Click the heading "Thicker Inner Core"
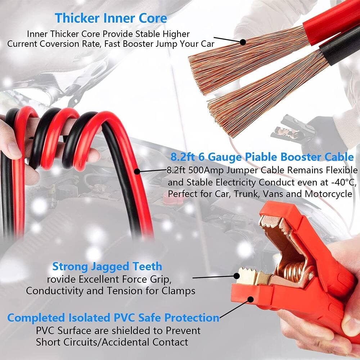pyautogui.click(x=111, y=18)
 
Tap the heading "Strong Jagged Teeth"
pyautogui.click(x=107, y=267)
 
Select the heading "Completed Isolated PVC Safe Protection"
pyautogui.click(x=113, y=318)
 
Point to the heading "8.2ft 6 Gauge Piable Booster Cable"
pyautogui.click(x=262, y=157)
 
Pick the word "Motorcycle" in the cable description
pyautogui.click(x=328, y=194)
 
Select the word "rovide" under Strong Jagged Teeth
pyautogui.click(x=60, y=279)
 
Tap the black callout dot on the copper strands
pyautogui.click(x=243, y=42)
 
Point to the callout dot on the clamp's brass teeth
pyautogui.click(x=237, y=276)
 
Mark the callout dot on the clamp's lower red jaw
pyautogui.click(x=249, y=298)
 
